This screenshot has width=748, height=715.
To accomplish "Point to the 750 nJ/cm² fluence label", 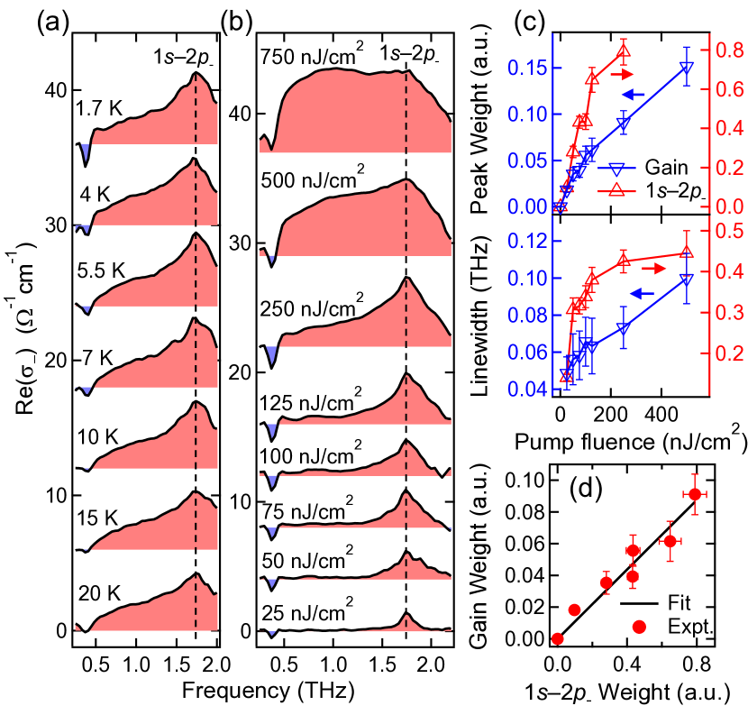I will pyautogui.click(x=312, y=57).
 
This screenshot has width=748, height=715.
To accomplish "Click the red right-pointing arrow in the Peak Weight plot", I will pyautogui.click(x=622, y=74).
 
